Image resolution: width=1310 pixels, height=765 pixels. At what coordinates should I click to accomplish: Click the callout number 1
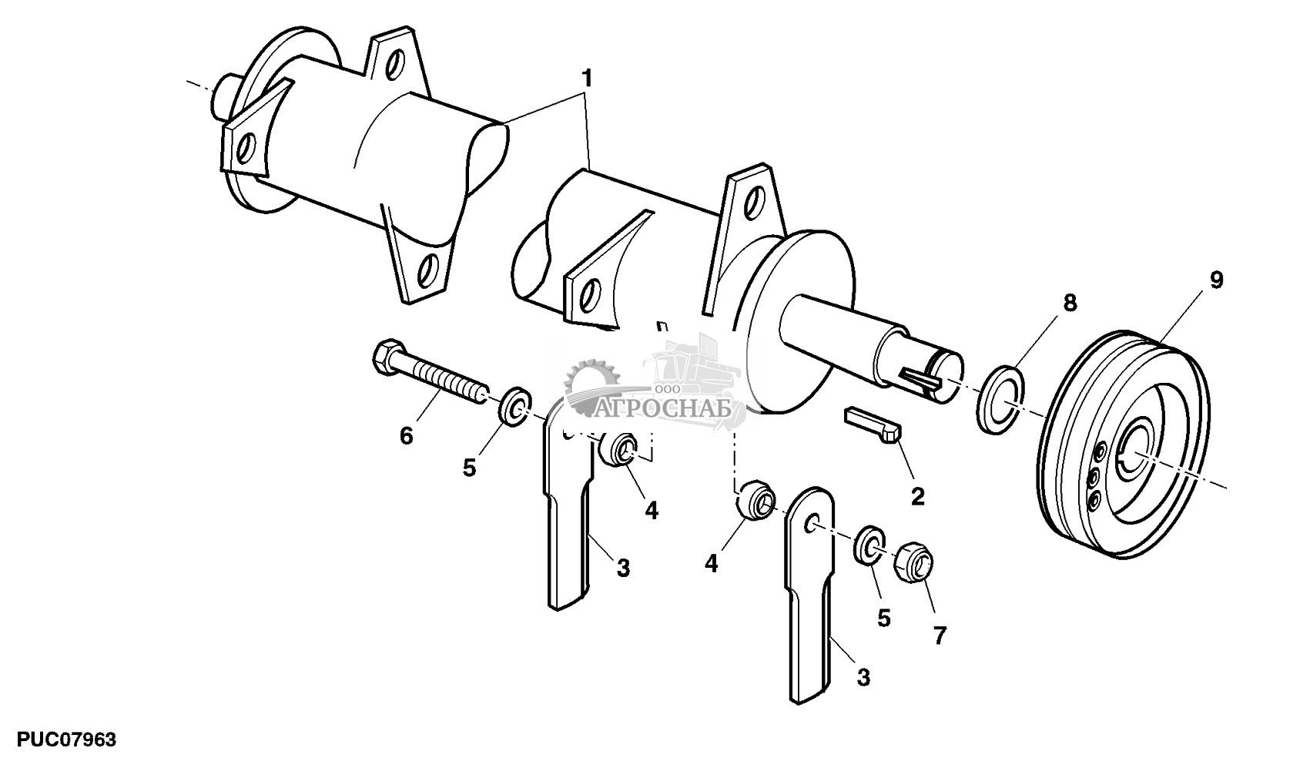point(587,79)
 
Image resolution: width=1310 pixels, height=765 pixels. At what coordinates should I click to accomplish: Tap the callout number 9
point(1216,280)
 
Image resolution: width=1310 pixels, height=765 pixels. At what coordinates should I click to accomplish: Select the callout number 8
point(1069,302)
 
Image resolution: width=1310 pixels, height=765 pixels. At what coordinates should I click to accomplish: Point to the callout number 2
point(917,496)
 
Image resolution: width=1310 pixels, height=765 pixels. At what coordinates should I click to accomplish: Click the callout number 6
point(406,436)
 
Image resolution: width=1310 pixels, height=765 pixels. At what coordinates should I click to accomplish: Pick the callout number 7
point(939,636)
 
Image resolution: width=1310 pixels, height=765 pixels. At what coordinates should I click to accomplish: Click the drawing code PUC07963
point(59,740)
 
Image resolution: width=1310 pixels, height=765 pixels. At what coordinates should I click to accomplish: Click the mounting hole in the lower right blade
point(811,525)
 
